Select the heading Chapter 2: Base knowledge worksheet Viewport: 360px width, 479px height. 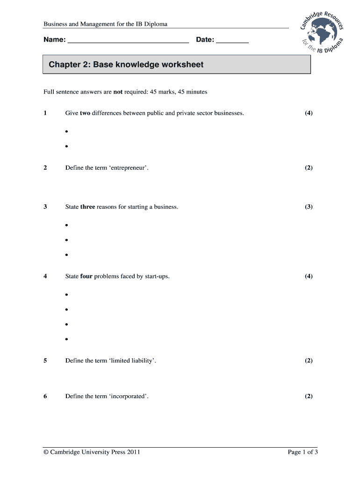[x=126, y=65]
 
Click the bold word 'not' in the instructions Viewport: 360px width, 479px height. [x=118, y=92]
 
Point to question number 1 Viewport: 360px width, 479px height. [x=45, y=113]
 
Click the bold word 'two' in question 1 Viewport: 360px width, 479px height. [x=85, y=113]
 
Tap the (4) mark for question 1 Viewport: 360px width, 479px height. [x=309, y=113]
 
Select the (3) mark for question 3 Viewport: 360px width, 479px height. [x=309, y=207]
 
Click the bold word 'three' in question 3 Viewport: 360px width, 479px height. [x=87, y=207]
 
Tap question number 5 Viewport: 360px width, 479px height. [x=45, y=361]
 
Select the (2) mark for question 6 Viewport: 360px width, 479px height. [x=309, y=396]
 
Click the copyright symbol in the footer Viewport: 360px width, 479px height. [x=46, y=452]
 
